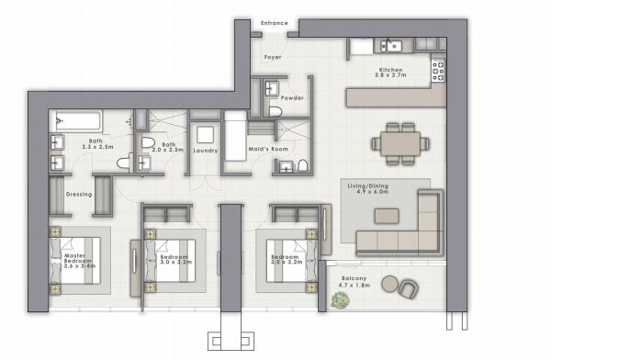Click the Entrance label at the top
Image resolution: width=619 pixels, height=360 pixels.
pos(275,23)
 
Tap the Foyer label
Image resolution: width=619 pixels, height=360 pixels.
pos(273,57)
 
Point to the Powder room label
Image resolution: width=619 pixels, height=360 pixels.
pos(293,97)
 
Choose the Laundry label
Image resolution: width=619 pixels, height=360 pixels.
pos(204,149)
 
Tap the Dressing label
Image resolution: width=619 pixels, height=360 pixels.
pos(78,194)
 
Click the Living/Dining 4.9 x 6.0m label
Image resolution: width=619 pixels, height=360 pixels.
pos(368,189)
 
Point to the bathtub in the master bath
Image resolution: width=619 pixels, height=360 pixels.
pos(79,120)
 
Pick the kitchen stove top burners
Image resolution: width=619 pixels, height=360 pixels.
pos(437,68)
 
